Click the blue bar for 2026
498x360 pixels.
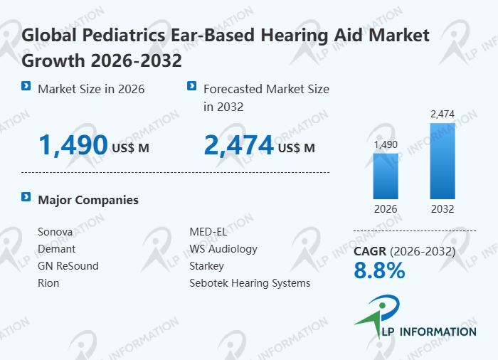386,176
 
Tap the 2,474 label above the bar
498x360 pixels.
442,114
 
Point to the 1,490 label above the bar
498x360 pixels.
386,144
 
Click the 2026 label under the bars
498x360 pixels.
386,209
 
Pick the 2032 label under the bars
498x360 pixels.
442,209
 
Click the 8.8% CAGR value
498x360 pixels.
379,270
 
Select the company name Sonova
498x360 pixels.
55,232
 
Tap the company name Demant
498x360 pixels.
56,249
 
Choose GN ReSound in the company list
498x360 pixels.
68,266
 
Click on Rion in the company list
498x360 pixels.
48,283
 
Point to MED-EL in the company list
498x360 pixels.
208,232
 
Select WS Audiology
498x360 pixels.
223,249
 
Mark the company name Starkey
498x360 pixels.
206,266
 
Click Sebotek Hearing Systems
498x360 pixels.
250,283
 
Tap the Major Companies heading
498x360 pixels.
88,200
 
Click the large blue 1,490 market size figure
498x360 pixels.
73,145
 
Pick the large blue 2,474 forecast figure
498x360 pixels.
238,145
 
